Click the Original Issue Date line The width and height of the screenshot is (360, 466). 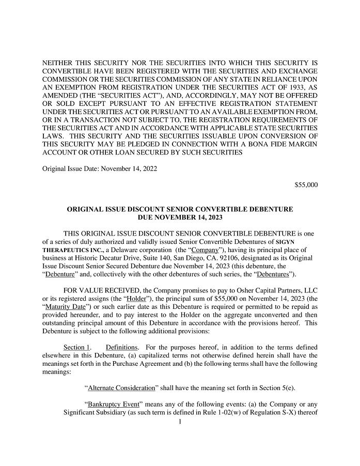(100, 168)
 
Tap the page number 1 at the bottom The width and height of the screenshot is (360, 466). (180, 422)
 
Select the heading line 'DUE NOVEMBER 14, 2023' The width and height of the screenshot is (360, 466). (180, 218)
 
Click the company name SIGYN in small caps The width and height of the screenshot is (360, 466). (303, 241)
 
